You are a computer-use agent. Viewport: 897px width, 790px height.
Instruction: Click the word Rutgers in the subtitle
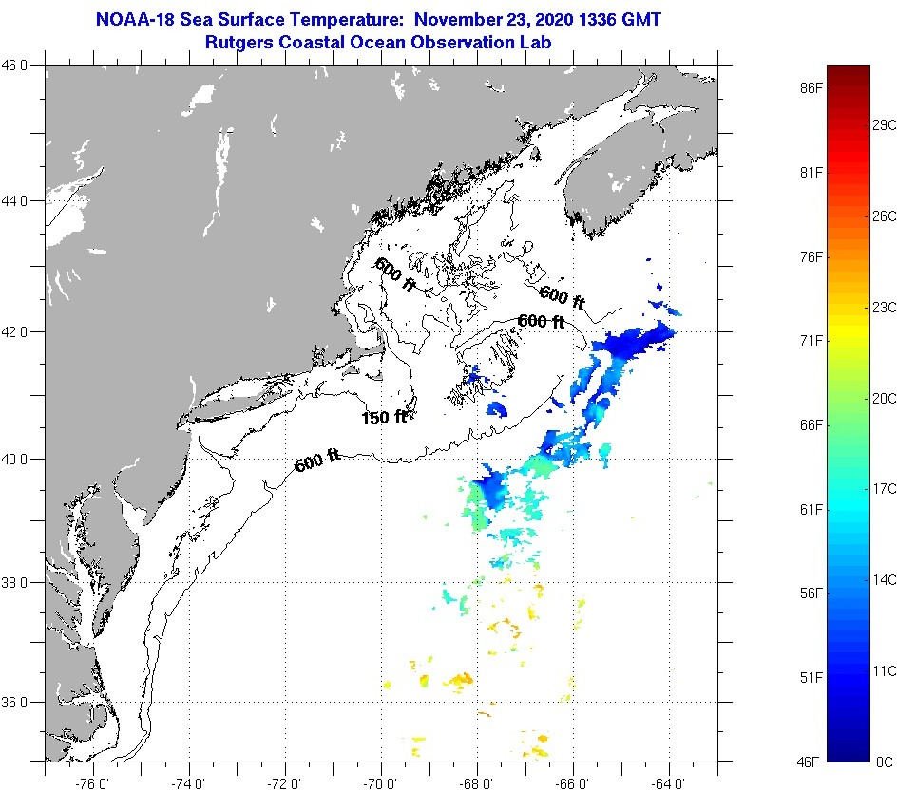(x=243, y=42)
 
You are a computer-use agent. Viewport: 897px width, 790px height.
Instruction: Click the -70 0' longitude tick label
(x=381, y=783)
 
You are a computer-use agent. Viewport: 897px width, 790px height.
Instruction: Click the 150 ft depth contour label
(x=384, y=417)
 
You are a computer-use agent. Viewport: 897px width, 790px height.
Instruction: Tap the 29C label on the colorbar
(x=885, y=124)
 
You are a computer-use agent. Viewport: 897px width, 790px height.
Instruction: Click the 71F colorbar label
(x=811, y=340)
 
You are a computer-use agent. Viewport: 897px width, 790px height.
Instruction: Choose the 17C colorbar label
(x=885, y=488)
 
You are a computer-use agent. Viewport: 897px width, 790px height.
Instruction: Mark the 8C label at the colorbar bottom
(x=883, y=762)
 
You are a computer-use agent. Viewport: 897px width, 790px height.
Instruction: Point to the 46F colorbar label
(x=811, y=762)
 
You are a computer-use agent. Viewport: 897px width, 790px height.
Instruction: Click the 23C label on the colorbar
(x=885, y=307)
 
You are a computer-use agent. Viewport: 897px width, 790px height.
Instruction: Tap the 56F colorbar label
(x=811, y=593)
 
